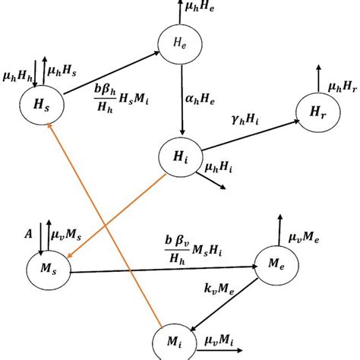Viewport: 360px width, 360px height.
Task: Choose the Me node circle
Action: (x=273, y=262)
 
